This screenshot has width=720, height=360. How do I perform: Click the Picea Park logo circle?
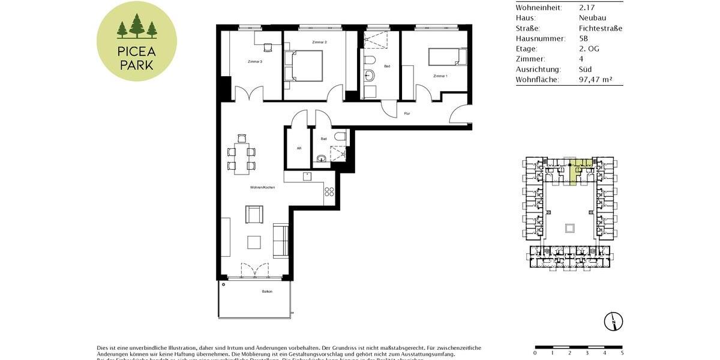[137, 41]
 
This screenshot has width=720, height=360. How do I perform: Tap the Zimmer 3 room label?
[255, 61]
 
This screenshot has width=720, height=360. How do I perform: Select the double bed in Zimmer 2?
[304, 65]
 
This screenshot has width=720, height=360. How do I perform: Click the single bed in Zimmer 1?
[447, 57]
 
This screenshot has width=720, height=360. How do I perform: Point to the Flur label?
[407, 113]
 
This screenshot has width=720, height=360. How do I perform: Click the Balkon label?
[267, 292]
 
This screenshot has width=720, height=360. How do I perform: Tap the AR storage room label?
[298, 148]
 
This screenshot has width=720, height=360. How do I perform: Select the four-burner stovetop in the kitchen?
[329, 192]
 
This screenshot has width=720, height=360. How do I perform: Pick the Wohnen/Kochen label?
[263, 188]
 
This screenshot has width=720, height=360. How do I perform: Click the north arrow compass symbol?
[614, 322]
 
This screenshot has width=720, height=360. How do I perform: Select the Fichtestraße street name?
[600, 28]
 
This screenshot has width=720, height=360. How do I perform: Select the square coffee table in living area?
[254, 242]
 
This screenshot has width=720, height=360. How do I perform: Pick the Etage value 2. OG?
[589, 49]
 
